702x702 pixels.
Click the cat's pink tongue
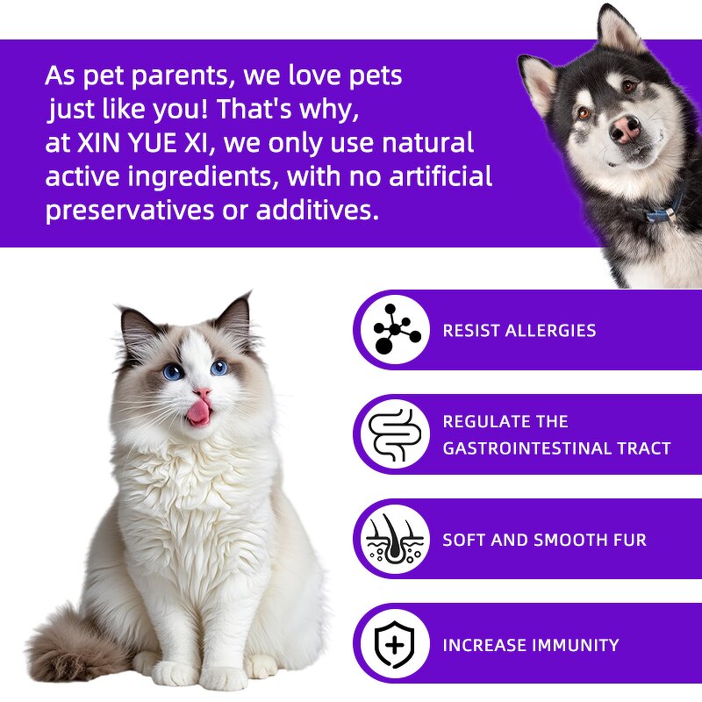[199, 411]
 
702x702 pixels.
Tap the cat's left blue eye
[174, 371]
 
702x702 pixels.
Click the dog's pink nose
[625, 130]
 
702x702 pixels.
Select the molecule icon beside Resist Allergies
[396, 331]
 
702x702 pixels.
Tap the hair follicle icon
[396, 540]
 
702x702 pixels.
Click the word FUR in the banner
[630, 540]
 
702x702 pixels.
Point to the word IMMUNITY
[573, 645]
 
